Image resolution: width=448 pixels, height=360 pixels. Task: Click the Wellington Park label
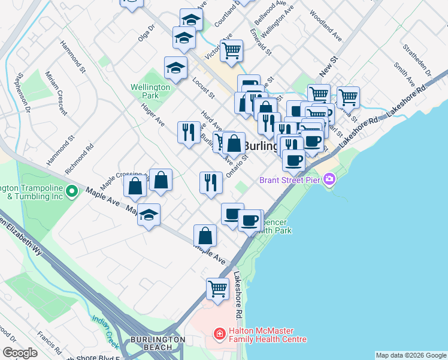click(150, 91)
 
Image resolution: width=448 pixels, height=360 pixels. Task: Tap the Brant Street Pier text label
click(290, 180)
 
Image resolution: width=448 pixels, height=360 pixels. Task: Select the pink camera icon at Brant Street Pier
click(329, 179)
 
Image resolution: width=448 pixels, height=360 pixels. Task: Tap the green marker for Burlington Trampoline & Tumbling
click(72, 192)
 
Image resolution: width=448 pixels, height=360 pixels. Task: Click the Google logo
click(20, 353)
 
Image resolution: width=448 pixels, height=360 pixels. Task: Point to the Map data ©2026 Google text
click(410, 355)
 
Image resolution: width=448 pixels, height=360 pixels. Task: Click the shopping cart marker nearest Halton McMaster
click(217, 289)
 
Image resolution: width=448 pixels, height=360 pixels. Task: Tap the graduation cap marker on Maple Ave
click(149, 216)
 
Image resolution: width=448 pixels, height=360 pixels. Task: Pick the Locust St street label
click(204, 88)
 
